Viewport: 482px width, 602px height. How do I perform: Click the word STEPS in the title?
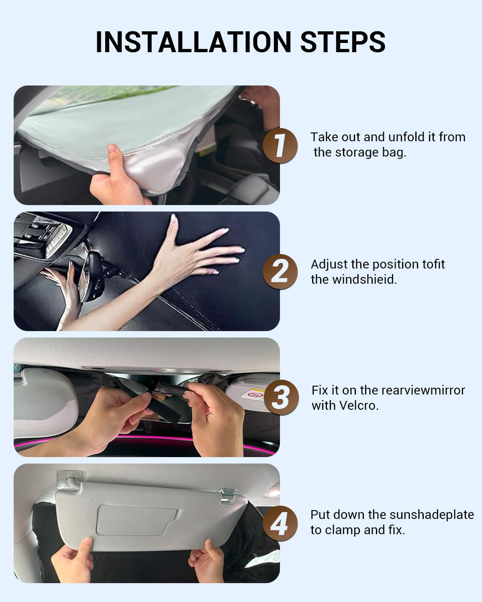[343, 42]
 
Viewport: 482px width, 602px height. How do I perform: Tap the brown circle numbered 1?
[280, 145]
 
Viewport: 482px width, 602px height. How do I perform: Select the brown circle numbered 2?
[280, 272]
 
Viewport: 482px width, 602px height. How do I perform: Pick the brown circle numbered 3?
[281, 397]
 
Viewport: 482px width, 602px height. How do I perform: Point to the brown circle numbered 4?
[280, 523]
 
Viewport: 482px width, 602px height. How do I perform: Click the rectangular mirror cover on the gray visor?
[137, 521]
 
